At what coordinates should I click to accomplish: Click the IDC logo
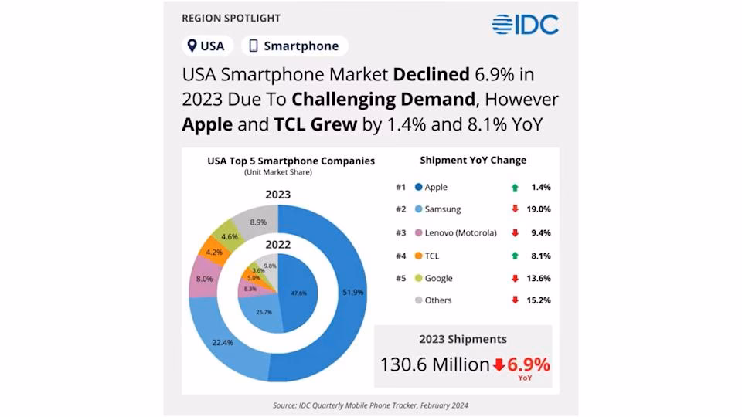[526, 24]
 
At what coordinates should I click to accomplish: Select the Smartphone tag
[294, 46]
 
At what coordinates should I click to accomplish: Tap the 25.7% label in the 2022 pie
[264, 313]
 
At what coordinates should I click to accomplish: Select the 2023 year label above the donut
[278, 194]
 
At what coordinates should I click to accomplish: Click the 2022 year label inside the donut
[278, 244]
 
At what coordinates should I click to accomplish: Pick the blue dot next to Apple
[418, 187]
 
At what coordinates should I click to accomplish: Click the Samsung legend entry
[441, 209]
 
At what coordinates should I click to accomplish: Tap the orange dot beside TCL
[418, 255]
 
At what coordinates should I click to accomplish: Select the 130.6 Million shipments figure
[434, 364]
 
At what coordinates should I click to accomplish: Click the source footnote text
[370, 405]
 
